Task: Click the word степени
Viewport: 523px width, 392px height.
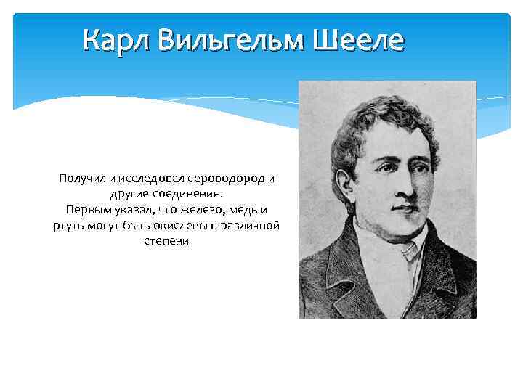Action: point(166,242)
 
